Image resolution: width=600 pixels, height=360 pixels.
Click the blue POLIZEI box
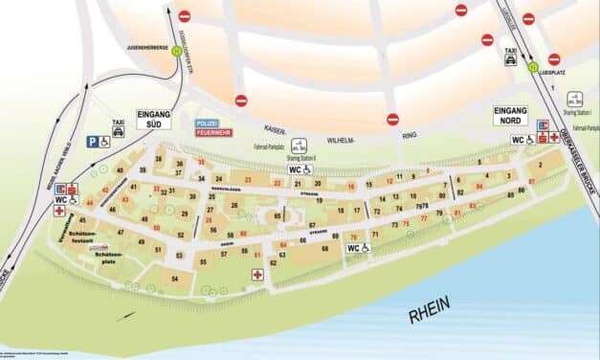tap(208, 124)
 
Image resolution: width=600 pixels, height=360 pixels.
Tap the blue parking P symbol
tap(93, 142)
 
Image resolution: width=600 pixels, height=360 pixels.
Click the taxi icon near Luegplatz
tap(511, 57)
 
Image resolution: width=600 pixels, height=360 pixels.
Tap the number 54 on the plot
tap(174, 278)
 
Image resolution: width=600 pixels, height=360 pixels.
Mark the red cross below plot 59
tap(256, 275)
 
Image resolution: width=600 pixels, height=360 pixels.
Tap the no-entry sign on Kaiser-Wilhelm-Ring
tap(392, 120)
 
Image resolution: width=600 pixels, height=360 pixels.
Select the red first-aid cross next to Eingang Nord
tap(554, 138)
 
